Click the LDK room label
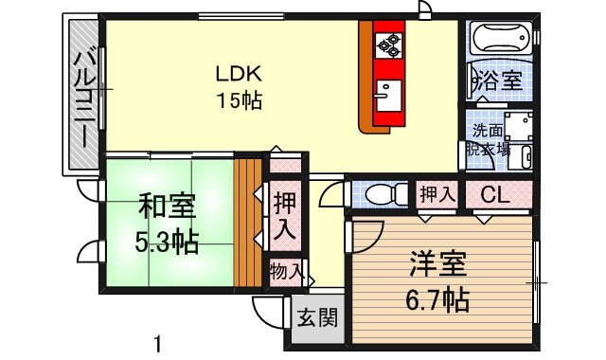click(x=239, y=74)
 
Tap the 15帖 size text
click(x=240, y=101)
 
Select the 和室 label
click(x=167, y=207)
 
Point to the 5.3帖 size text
click(x=167, y=243)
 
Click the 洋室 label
click(x=437, y=264)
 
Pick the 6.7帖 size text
click(x=437, y=299)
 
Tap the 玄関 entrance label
click(x=318, y=318)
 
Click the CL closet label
click(x=495, y=196)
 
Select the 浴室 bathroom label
click(x=500, y=81)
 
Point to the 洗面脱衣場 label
click(x=488, y=140)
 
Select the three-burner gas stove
click(x=389, y=45)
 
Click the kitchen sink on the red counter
click(x=388, y=96)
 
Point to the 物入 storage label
click(x=286, y=270)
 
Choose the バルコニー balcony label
click(x=85, y=99)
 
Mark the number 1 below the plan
click(x=157, y=344)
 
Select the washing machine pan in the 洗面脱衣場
click(x=518, y=126)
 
